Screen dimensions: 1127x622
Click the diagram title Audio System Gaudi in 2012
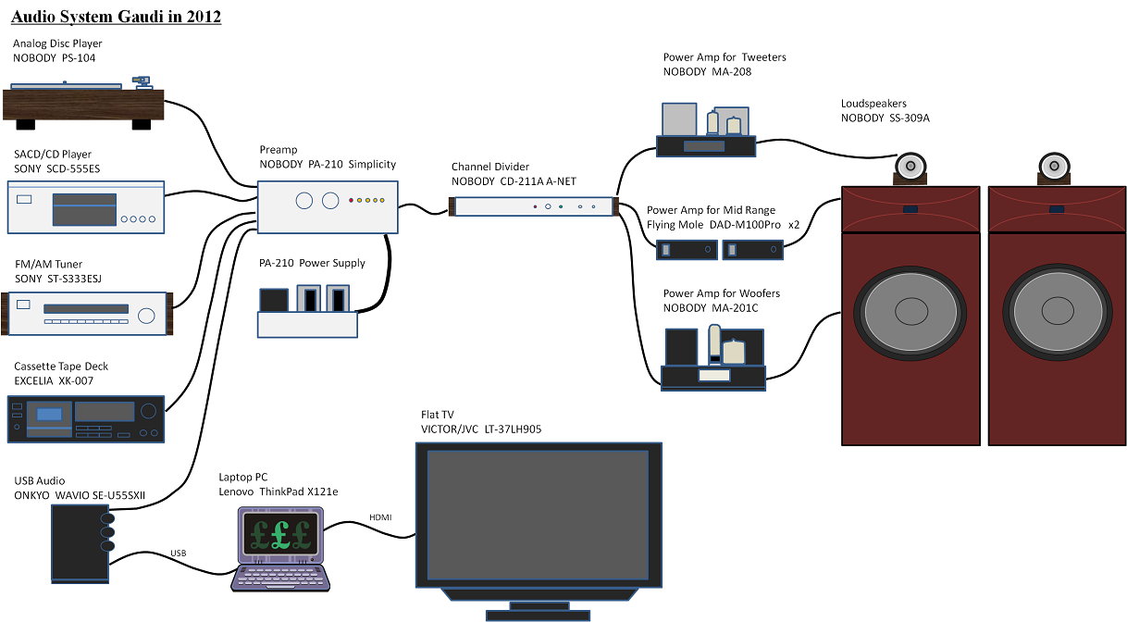tap(117, 17)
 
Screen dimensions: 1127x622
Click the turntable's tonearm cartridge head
tap(142, 81)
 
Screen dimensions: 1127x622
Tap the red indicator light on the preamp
tap(352, 200)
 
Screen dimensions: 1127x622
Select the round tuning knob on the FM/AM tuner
tap(146, 316)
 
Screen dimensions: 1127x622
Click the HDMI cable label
tap(380, 517)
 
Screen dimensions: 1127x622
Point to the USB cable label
tap(178, 554)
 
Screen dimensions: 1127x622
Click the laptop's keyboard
tap(280, 578)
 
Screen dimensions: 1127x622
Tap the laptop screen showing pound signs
tap(280, 533)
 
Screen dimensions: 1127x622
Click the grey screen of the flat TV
tap(538, 515)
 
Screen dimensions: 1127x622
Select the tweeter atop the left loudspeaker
tap(910, 166)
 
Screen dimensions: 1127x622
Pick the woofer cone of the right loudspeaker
tap(1058, 311)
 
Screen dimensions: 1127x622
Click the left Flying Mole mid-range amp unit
tap(687, 250)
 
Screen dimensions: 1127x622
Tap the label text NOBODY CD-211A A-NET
tap(514, 181)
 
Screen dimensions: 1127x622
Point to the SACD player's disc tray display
tap(84, 209)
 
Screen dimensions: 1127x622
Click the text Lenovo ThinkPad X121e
tap(279, 491)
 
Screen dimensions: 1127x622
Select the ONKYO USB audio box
tap(80, 544)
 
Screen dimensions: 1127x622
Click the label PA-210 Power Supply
tap(312, 263)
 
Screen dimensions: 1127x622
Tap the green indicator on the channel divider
tap(561, 206)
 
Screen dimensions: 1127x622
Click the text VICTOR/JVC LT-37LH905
tap(481, 429)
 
